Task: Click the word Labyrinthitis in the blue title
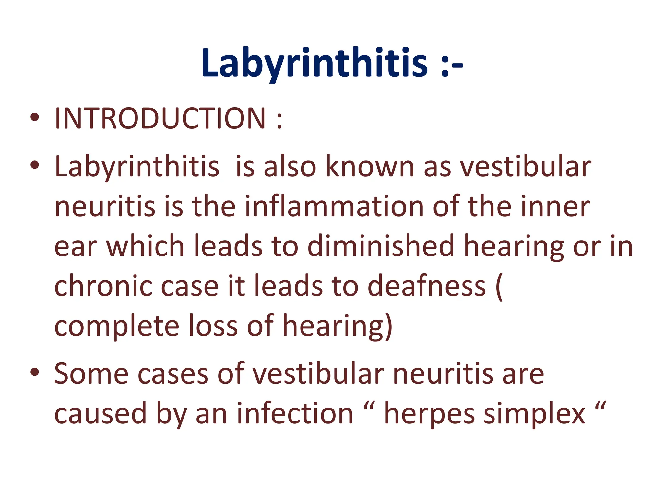(x=314, y=63)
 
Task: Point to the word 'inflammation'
(x=334, y=207)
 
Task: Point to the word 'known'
(x=370, y=167)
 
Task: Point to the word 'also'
(x=290, y=167)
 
